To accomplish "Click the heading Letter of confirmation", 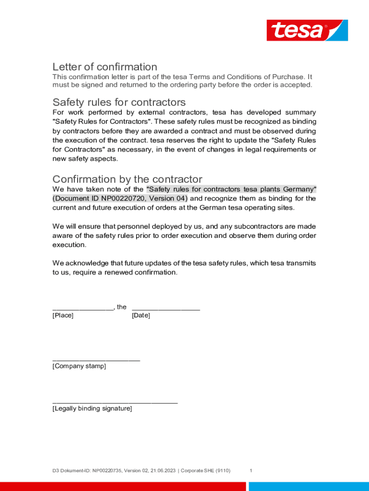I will [x=104, y=67].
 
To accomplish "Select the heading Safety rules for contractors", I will [x=119, y=102].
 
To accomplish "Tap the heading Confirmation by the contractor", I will [x=127, y=179].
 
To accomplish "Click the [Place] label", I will [x=63, y=316].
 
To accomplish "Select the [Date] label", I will [x=141, y=316].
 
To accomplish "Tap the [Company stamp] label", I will [x=79, y=366].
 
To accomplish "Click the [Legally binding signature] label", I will [x=92, y=409].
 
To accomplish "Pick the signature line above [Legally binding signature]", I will [x=115, y=402].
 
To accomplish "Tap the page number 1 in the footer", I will [x=251, y=471].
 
